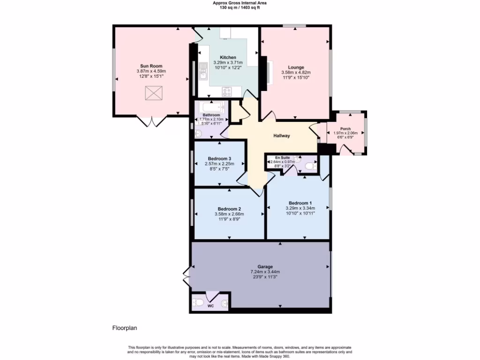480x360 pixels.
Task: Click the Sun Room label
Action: (151, 66)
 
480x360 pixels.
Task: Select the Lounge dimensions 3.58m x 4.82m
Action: (296, 73)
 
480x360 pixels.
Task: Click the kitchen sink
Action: (203, 71)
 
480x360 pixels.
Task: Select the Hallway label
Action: (282, 136)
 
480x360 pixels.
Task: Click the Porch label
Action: (345, 128)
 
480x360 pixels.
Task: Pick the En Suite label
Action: (282, 158)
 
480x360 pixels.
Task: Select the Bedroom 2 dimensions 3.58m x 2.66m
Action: (230, 214)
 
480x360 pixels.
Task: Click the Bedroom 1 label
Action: (300, 203)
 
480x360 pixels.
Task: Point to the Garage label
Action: (265, 267)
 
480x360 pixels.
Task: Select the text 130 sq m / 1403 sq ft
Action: (240, 8)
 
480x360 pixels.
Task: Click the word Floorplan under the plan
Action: (124, 328)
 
